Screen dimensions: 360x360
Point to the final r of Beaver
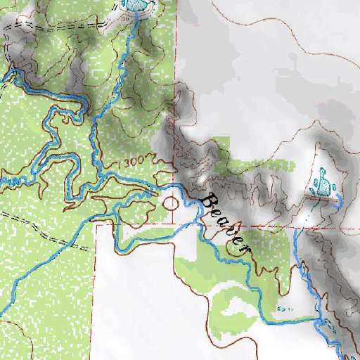[x=245, y=250]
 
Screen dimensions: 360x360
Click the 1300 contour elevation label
[x=130, y=162]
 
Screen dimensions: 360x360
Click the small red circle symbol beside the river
[x=169, y=204]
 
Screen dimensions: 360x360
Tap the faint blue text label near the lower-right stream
[x=284, y=307]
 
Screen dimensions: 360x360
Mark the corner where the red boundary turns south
[x=95, y=225]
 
